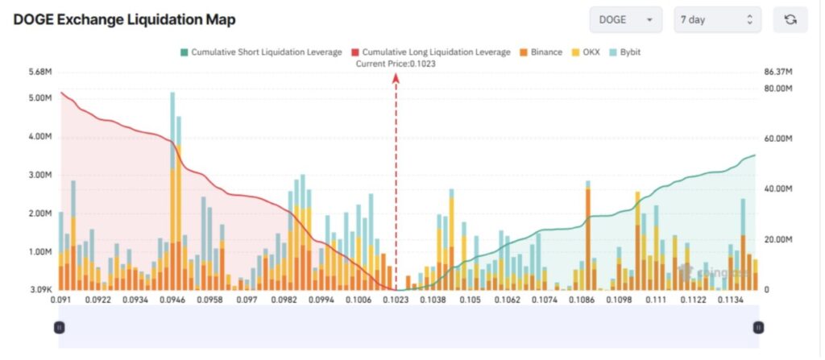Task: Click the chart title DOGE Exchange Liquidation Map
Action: click(125, 19)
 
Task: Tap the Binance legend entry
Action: click(541, 52)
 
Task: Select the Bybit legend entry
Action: click(630, 52)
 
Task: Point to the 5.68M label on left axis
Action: click(39, 72)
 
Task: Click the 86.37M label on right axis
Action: click(780, 72)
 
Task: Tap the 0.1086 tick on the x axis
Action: click(581, 300)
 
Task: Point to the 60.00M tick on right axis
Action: click(778, 139)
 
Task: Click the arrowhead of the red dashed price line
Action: click(396, 77)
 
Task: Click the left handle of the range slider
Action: click(59, 327)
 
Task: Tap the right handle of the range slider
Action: click(758, 327)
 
